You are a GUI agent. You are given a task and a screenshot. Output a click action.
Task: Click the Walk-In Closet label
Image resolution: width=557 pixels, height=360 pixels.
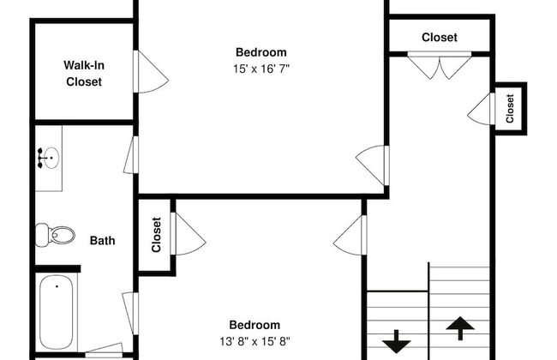(x=84, y=74)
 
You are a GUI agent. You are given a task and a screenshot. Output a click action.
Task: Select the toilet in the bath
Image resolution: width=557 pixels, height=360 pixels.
(x=55, y=235)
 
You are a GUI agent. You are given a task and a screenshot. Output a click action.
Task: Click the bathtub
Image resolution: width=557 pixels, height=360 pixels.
(x=57, y=312)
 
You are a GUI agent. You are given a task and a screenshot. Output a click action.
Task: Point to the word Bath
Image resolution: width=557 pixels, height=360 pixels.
(x=102, y=241)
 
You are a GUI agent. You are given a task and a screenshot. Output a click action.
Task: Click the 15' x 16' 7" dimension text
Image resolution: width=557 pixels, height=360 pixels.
(x=261, y=69)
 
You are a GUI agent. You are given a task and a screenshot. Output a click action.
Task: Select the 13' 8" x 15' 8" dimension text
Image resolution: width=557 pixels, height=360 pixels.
(x=255, y=341)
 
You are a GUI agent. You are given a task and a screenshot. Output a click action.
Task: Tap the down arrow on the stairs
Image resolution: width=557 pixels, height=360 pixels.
(x=397, y=341)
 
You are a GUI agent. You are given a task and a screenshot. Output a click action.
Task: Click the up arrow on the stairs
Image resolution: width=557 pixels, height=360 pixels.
(x=460, y=328)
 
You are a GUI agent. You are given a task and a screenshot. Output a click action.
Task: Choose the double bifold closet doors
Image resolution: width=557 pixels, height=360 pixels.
(x=440, y=65)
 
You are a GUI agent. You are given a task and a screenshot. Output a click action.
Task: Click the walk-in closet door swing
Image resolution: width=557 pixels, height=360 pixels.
(x=150, y=71)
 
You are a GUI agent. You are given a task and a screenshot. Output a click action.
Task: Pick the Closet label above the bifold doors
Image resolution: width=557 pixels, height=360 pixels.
(x=440, y=38)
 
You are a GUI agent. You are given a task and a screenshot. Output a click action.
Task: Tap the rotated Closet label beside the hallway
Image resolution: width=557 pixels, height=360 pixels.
(x=510, y=108)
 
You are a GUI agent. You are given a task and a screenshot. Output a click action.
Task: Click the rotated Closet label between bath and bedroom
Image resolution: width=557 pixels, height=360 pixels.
(x=156, y=235)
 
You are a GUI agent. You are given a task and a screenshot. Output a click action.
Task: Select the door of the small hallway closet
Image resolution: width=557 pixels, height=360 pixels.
(x=481, y=109)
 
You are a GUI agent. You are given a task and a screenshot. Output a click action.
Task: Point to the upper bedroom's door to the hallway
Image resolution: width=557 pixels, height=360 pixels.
(x=372, y=165)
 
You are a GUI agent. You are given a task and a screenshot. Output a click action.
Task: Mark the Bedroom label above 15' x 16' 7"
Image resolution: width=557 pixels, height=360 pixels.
(x=261, y=52)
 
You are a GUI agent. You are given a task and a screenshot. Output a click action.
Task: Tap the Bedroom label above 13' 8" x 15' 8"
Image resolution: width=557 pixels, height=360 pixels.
(x=255, y=325)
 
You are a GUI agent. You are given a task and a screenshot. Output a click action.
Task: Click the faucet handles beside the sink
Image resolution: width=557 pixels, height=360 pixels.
(x=40, y=158)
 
